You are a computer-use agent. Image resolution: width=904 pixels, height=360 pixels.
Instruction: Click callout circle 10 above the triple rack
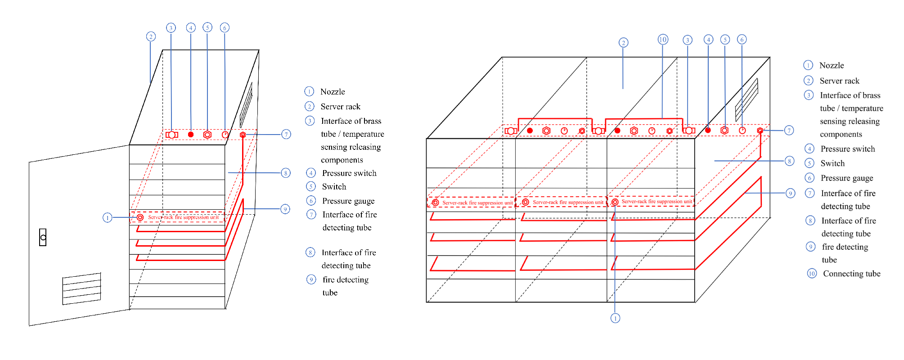[x=662, y=39]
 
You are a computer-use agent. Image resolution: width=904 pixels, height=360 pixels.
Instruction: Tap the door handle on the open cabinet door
[x=43, y=237]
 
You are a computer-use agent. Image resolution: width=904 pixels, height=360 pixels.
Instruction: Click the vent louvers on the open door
[x=81, y=288]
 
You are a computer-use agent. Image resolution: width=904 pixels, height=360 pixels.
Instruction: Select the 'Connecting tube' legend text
[x=851, y=274]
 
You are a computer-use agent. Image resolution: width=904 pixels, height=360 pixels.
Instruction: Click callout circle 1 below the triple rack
[x=615, y=318]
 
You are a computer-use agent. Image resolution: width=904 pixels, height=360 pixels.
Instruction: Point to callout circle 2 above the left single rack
[x=151, y=36]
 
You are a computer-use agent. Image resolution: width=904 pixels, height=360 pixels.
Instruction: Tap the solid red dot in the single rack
[x=191, y=135]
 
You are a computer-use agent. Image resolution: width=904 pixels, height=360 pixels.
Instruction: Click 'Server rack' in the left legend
[x=340, y=107]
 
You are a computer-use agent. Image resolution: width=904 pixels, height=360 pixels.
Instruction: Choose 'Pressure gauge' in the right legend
[x=846, y=178]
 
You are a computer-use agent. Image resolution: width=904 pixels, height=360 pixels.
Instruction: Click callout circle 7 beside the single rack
[x=286, y=134]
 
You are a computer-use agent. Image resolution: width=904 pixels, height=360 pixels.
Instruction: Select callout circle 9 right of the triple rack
[x=790, y=193]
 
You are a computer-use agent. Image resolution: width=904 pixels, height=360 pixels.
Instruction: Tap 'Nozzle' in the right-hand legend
[x=831, y=66]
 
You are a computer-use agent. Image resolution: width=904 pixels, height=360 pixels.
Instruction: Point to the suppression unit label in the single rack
[x=183, y=217]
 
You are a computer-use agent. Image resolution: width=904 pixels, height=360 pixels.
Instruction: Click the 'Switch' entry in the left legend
[x=334, y=187]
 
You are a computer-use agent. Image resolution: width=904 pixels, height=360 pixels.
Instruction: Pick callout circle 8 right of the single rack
[x=286, y=173]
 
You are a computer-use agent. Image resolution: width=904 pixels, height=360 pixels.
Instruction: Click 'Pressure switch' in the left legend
[x=349, y=173]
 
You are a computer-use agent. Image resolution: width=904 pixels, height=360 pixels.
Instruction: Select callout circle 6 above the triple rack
[x=742, y=40]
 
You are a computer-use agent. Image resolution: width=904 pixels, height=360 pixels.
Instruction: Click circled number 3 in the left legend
[x=310, y=121]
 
